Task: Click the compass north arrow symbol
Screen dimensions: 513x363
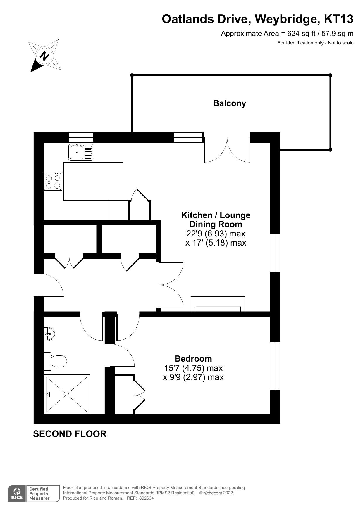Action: pyautogui.click(x=45, y=56)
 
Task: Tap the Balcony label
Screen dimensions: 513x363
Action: pyautogui.click(x=229, y=103)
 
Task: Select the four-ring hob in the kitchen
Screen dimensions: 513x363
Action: pyautogui.click(x=53, y=182)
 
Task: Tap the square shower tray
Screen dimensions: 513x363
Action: pyautogui.click(x=67, y=394)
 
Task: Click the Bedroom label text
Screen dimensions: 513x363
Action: pyautogui.click(x=193, y=359)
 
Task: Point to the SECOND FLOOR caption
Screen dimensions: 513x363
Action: pyautogui.click(x=70, y=434)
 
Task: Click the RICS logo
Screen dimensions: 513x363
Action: pyautogui.click(x=17, y=494)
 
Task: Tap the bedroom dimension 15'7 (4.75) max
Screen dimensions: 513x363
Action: pyautogui.click(x=193, y=368)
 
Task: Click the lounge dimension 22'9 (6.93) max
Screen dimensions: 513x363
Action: pyautogui.click(x=216, y=234)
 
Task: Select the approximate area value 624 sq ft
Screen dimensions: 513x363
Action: pyautogui.click(x=302, y=34)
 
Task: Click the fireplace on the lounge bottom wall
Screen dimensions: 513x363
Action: pyautogui.click(x=218, y=305)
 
